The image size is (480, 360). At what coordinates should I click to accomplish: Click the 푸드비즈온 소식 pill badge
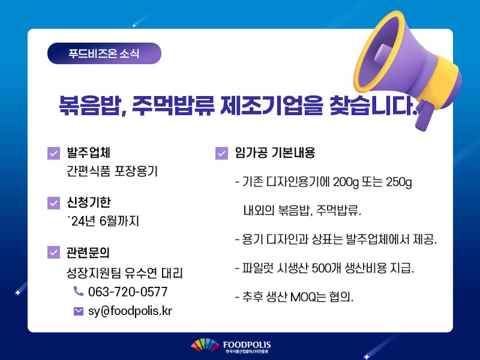(104, 53)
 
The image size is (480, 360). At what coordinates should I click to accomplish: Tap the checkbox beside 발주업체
(53, 153)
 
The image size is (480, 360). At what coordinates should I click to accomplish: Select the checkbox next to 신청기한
(53, 203)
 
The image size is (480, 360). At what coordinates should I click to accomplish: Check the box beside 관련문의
(53, 252)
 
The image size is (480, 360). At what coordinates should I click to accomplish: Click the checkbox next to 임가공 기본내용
(221, 153)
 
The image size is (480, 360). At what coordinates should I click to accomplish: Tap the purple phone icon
(79, 291)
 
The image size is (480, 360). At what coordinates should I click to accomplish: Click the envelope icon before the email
(79, 311)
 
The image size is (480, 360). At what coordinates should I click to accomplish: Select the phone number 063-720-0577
(128, 292)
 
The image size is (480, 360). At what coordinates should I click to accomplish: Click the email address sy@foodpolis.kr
(130, 311)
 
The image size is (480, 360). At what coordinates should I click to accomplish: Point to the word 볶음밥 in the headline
(88, 106)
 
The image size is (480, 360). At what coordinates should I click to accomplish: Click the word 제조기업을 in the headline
(272, 106)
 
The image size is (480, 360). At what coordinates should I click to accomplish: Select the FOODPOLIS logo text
(247, 345)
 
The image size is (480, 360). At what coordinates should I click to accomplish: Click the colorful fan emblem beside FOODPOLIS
(205, 345)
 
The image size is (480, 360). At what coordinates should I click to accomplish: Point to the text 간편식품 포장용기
(112, 171)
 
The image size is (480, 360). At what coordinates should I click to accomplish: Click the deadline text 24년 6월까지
(103, 221)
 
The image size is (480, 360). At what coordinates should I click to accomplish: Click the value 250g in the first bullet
(399, 182)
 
